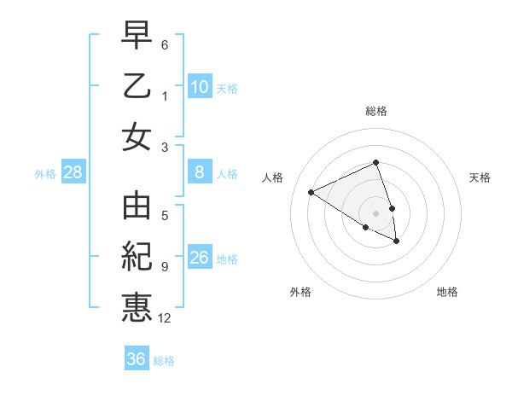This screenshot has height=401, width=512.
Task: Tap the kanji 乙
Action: pyautogui.click(x=137, y=87)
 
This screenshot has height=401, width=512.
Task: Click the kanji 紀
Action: pyautogui.click(x=137, y=258)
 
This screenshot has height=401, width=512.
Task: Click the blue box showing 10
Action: pyautogui.click(x=199, y=86)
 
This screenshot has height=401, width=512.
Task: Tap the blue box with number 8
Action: pyautogui.click(x=199, y=172)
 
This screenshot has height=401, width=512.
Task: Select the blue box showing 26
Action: pyautogui.click(x=199, y=258)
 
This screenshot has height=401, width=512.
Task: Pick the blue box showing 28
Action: pyautogui.click(x=73, y=172)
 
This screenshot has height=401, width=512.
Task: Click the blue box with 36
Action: pyautogui.click(x=136, y=359)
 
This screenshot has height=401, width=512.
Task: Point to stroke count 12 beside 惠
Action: pyautogui.click(x=165, y=319)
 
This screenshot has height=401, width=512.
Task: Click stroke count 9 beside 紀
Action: pyautogui.click(x=165, y=267)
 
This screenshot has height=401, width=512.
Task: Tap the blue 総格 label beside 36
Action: pyautogui.click(x=164, y=361)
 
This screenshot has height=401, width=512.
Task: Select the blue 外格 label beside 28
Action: pyautogui.click(x=45, y=174)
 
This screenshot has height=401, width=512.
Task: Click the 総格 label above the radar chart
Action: pyautogui.click(x=376, y=111)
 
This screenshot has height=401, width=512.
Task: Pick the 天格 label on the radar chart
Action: pyautogui.click(x=480, y=177)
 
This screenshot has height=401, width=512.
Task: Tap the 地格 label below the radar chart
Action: pyautogui.click(x=447, y=292)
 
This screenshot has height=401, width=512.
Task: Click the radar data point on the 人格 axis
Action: pyautogui.click(x=311, y=193)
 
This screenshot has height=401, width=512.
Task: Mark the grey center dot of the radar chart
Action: pyautogui.click(x=376, y=212)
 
